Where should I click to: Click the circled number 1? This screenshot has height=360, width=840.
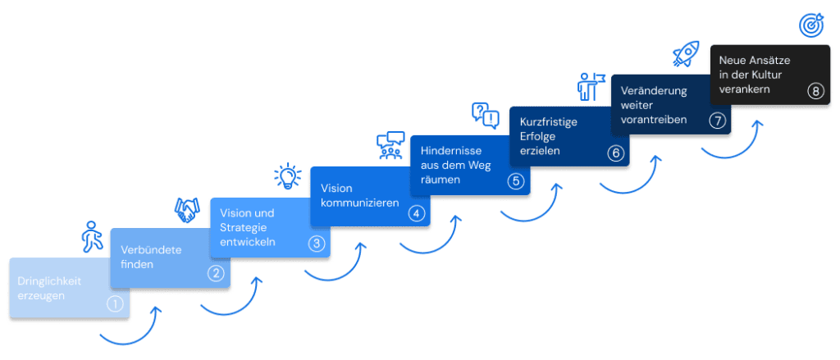(115, 303)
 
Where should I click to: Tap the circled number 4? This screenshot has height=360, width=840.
(416, 213)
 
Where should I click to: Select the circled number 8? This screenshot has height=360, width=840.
(815, 91)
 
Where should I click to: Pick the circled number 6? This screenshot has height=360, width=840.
(615, 153)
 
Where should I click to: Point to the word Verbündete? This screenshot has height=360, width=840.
(152, 249)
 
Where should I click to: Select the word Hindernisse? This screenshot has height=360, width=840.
(450, 150)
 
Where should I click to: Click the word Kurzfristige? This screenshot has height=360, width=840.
(549, 121)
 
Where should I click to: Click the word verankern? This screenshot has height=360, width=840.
(745, 89)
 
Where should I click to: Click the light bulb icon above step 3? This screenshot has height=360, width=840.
(288, 176)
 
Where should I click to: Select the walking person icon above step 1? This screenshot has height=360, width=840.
(93, 237)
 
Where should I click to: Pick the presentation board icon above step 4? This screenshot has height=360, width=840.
(388, 145)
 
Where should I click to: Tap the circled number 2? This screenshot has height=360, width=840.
(215, 273)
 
